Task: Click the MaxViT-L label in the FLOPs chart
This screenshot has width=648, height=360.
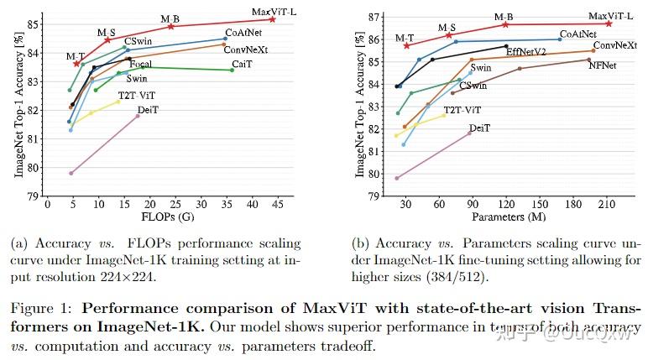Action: [x=274, y=11]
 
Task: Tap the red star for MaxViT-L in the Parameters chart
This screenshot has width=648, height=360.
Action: [x=609, y=23]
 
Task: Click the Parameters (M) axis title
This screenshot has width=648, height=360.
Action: [x=502, y=217]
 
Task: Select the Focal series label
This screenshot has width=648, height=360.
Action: [x=141, y=65]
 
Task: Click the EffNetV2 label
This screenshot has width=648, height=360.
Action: [x=525, y=52]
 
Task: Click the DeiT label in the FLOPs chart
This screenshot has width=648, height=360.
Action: [x=149, y=110]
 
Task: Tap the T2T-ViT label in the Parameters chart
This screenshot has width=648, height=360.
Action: [x=462, y=110]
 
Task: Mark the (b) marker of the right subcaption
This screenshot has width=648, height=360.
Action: [x=361, y=244]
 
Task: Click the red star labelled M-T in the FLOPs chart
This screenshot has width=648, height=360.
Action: [x=76, y=64]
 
